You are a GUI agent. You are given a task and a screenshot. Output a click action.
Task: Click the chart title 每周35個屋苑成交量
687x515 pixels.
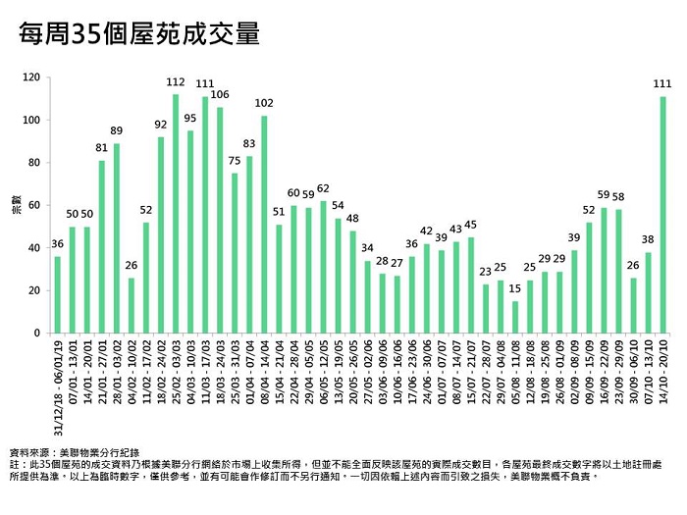[x=140, y=36]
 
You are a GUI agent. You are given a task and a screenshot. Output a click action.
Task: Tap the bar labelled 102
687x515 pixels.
[x=264, y=225]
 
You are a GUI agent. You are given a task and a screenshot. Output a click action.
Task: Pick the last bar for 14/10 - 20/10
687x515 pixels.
[x=663, y=215]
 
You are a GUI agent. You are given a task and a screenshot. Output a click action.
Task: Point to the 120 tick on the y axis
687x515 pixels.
[x=33, y=77]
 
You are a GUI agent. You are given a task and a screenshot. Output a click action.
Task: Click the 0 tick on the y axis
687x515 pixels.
[x=37, y=334]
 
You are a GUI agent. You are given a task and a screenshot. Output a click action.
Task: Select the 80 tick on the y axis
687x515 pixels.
[x=34, y=163]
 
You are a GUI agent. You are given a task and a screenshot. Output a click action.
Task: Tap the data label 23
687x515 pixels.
[x=486, y=271]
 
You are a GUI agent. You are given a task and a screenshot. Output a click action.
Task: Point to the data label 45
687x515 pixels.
[x=471, y=225]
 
